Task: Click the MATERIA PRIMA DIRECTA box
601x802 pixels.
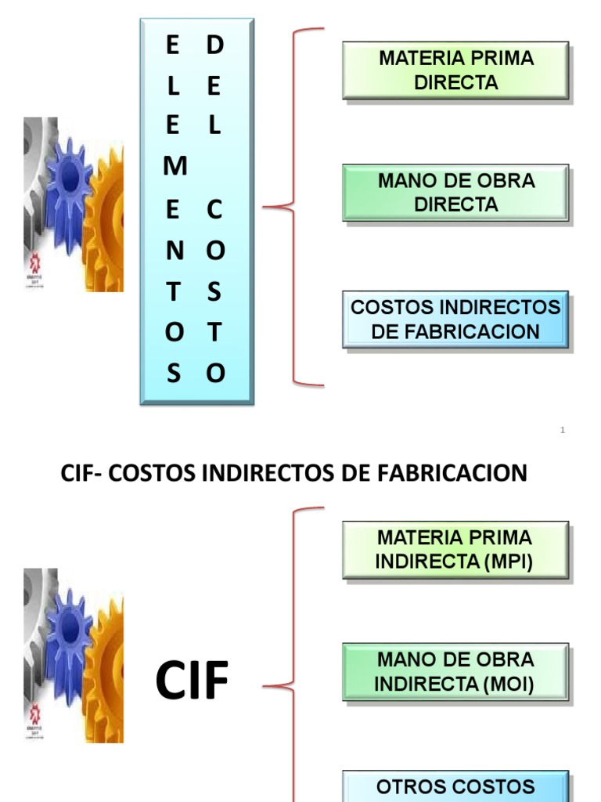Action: [x=455, y=70]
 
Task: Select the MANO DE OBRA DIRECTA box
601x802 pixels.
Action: [x=455, y=193]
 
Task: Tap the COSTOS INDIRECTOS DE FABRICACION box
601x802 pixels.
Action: [x=455, y=320]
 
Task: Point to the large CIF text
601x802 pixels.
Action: [x=192, y=681]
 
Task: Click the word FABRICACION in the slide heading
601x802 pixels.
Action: [x=465, y=473]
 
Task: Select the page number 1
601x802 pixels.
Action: [x=563, y=430]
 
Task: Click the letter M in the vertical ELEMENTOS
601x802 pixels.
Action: [x=176, y=167]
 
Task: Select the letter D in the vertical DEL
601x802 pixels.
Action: [x=215, y=46]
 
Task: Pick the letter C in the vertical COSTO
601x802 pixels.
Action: [x=215, y=210]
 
